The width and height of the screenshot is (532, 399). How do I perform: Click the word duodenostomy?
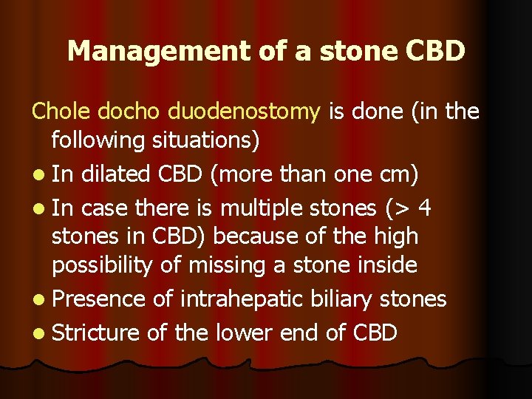coord(245,113)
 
